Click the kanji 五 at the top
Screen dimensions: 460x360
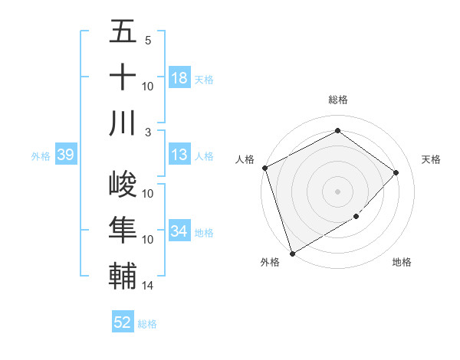pos(123,32)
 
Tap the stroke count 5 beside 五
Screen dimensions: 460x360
pos(148,41)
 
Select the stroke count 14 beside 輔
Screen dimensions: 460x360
pos(148,285)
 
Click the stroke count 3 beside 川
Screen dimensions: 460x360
pos(148,131)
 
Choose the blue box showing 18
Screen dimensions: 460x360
pos(179,78)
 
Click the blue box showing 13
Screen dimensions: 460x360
pos(179,155)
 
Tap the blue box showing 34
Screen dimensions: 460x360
pos(179,232)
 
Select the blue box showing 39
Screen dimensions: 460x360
pos(65,155)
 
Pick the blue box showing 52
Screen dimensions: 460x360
pos(122,322)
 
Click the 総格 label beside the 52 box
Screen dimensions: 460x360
pos(147,324)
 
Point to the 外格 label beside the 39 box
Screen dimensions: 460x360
pos(41,156)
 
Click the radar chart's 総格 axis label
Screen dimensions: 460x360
pos(337,100)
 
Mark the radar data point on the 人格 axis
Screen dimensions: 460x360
pos(264,168)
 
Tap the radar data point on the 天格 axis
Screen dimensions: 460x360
pos(396,172)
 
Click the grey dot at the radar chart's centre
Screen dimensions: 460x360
pos(337,191)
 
